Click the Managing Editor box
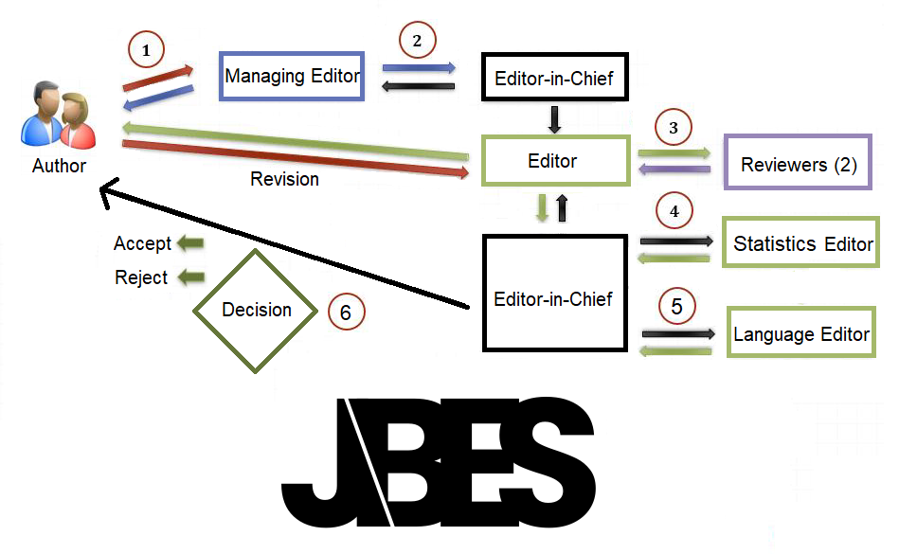coord(293,76)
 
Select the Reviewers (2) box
coord(799,165)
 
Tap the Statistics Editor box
coord(801,243)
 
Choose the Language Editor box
coord(801,333)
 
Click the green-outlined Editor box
coord(553,161)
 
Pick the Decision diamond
coord(256,310)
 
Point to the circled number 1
coord(145,50)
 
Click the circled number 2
coord(417,41)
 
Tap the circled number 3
coord(674,128)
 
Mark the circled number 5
coord(675,307)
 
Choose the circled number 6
coord(346,312)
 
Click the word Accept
coord(142,243)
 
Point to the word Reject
coord(141,277)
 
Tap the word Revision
coord(284,179)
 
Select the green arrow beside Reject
coord(192,277)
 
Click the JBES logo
coord(438,462)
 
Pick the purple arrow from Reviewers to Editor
coord(675,170)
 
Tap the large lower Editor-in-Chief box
coord(554,299)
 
